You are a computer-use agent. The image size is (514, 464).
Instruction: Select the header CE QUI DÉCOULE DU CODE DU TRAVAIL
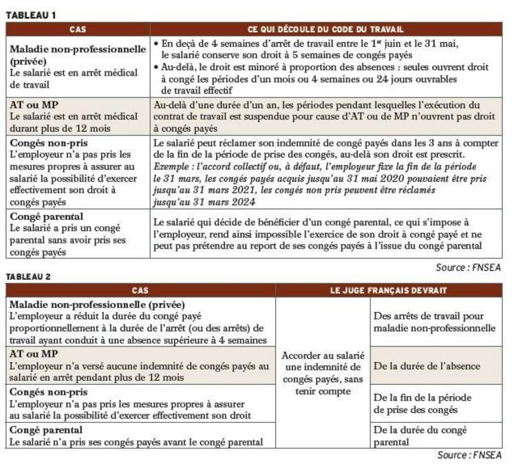coord(325,30)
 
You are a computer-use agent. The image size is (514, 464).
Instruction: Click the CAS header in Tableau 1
coord(78,30)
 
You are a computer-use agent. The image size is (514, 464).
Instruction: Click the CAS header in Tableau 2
coord(140,291)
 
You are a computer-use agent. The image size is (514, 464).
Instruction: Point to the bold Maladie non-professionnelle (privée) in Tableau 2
coord(98,304)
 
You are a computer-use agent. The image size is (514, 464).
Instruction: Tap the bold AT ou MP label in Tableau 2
coord(33,353)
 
